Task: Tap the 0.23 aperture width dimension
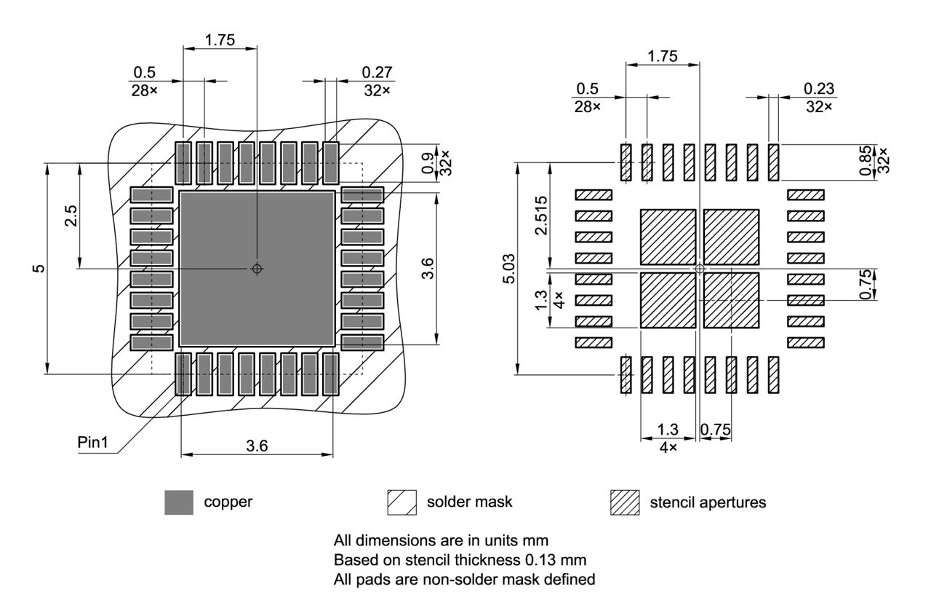pos(818,88)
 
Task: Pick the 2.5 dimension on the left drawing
pos(70,216)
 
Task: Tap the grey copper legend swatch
pos(179,502)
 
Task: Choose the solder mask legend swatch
pos(402,502)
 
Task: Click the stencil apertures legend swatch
pos(625,502)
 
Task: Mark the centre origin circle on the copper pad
pos(257,269)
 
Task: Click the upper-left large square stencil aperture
pos(668,237)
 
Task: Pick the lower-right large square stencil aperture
pos(732,300)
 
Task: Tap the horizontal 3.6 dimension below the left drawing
pos(257,446)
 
